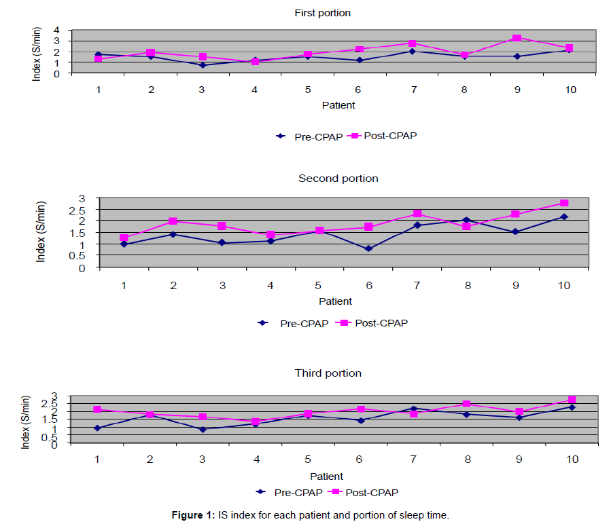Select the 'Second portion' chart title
pyautogui.click(x=338, y=179)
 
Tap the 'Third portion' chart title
pyautogui.click(x=328, y=373)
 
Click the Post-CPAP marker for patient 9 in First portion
pyautogui.click(x=517, y=38)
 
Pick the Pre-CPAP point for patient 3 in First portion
pyautogui.click(x=203, y=65)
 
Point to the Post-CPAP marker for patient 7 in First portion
pyautogui.click(x=412, y=43)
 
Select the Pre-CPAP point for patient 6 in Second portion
pyautogui.click(x=368, y=248)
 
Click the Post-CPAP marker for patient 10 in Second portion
pyautogui.click(x=564, y=203)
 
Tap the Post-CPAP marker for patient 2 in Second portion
pyautogui.click(x=173, y=221)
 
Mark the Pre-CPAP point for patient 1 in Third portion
pyautogui.click(x=97, y=428)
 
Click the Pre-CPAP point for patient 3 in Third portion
pyautogui.click(x=203, y=429)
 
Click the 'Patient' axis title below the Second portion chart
pyautogui.click(x=336, y=301)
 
